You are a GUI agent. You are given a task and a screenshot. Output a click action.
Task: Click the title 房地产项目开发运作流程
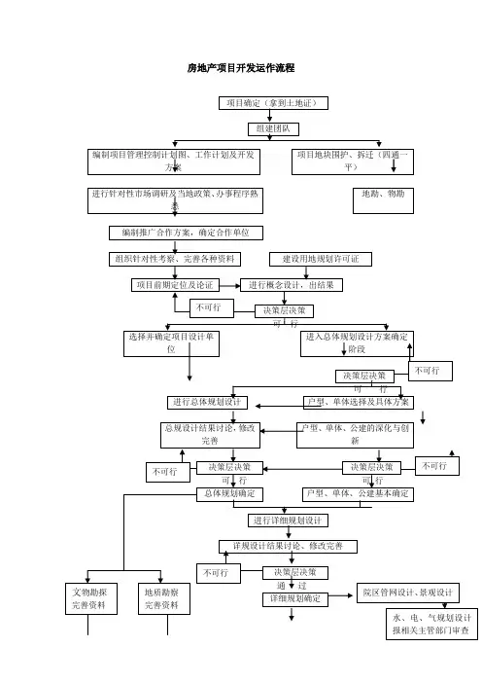click(x=241, y=68)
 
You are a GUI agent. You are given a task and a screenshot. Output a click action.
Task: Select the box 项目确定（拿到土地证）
click(x=273, y=103)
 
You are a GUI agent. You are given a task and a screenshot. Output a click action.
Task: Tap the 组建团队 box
click(x=274, y=129)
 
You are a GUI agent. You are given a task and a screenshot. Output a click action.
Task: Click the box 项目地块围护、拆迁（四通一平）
click(x=353, y=162)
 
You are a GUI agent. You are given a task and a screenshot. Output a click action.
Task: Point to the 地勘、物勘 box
click(x=383, y=200)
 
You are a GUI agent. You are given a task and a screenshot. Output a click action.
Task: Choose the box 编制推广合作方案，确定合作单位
click(x=186, y=234)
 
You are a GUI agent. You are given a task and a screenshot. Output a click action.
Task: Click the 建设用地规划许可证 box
click(x=321, y=259)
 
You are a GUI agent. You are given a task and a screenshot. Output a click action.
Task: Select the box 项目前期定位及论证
click(x=175, y=285)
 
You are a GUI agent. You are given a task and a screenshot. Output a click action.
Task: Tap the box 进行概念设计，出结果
click(x=292, y=285)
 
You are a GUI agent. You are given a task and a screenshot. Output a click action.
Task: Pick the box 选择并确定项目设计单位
click(x=171, y=343)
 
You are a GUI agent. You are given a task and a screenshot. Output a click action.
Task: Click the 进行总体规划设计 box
click(x=208, y=403)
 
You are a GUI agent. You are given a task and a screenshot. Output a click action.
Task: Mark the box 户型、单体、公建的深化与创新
click(x=355, y=435)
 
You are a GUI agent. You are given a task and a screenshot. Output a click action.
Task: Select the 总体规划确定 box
click(x=229, y=494)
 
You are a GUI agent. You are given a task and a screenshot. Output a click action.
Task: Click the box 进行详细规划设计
click(x=288, y=521)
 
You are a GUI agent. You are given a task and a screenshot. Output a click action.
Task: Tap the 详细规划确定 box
click(x=295, y=599)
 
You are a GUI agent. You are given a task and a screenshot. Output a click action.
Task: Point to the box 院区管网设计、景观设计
click(x=407, y=593)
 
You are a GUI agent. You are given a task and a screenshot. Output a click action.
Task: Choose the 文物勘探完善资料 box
click(x=91, y=599)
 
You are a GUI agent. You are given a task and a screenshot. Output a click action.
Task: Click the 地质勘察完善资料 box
click(x=164, y=599)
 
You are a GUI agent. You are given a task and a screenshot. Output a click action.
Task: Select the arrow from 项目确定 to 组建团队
click(x=270, y=116)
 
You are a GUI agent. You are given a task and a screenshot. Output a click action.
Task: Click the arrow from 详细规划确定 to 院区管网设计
click(x=340, y=595)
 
